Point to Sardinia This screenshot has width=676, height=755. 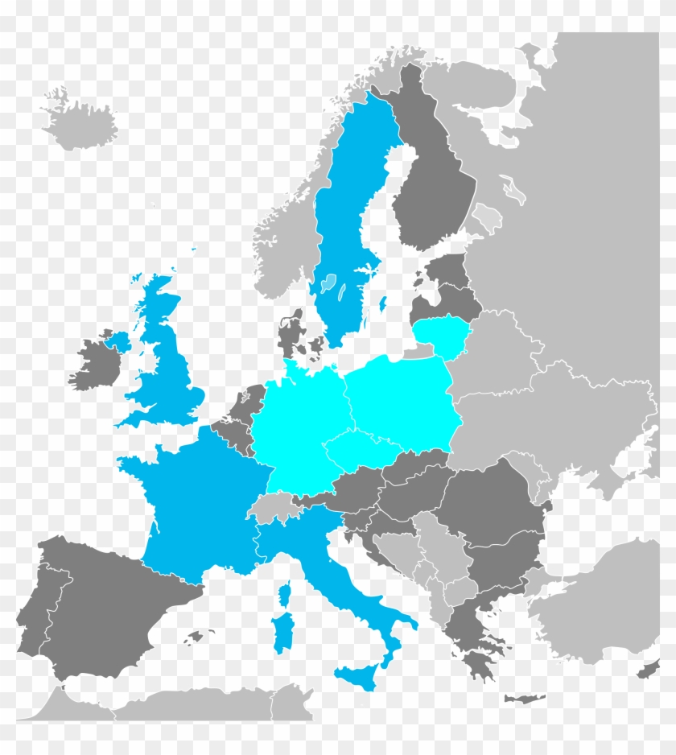pos(281,632)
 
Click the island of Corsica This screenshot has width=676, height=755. pos(284,595)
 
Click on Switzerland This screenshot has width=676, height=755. pos(274,509)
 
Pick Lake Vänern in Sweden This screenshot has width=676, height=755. pos(328,283)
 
